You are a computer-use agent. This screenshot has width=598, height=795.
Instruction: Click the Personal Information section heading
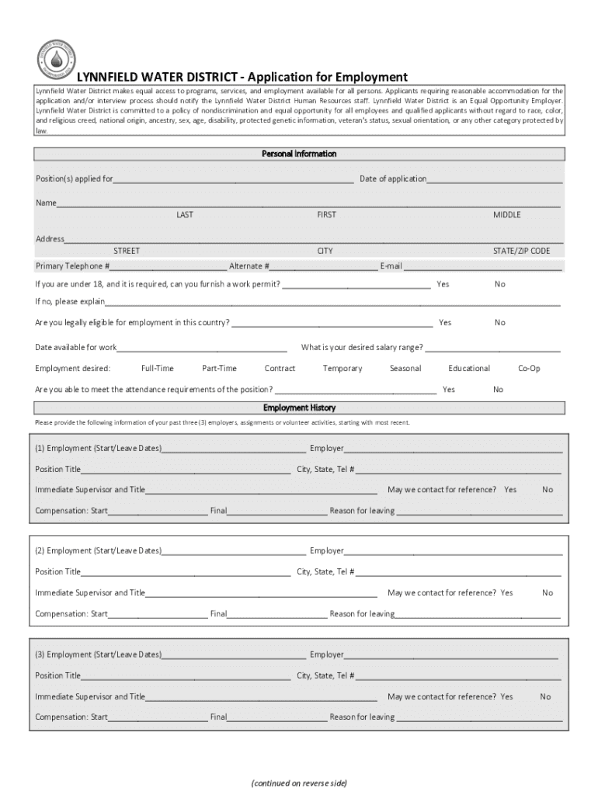(x=299, y=154)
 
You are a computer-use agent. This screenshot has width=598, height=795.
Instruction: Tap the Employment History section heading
(x=299, y=408)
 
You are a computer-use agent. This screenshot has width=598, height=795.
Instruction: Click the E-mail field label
(x=391, y=266)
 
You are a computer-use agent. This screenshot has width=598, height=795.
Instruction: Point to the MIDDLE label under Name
(x=506, y=215)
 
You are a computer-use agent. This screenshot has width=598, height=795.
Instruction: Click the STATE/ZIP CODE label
(x=521, y=252)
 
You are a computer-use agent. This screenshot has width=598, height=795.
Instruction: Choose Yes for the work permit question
(x=443, y=284)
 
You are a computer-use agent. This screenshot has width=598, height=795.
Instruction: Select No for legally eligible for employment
(x=499, y=322)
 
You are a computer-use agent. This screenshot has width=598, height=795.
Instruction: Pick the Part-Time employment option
(x=219, y=369)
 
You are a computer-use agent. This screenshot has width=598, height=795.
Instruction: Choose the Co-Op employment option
(x=529, y=369)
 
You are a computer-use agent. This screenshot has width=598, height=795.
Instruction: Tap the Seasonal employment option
(x=405, y=369)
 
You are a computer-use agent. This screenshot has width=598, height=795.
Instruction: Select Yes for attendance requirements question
(x=449, y=390)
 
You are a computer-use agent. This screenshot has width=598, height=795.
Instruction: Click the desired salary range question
(x=362, y=347)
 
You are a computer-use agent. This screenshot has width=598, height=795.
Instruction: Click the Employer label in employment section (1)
(x=327, y=449)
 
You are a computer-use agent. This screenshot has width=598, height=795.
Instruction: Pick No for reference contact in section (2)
(x=548, y=593)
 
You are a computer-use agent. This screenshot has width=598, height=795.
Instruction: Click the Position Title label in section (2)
(x=57, y=572)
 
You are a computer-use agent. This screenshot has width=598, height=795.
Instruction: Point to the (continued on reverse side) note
(x=299, y=783)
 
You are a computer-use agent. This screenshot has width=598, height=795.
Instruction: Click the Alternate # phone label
(x=249, y=266)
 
